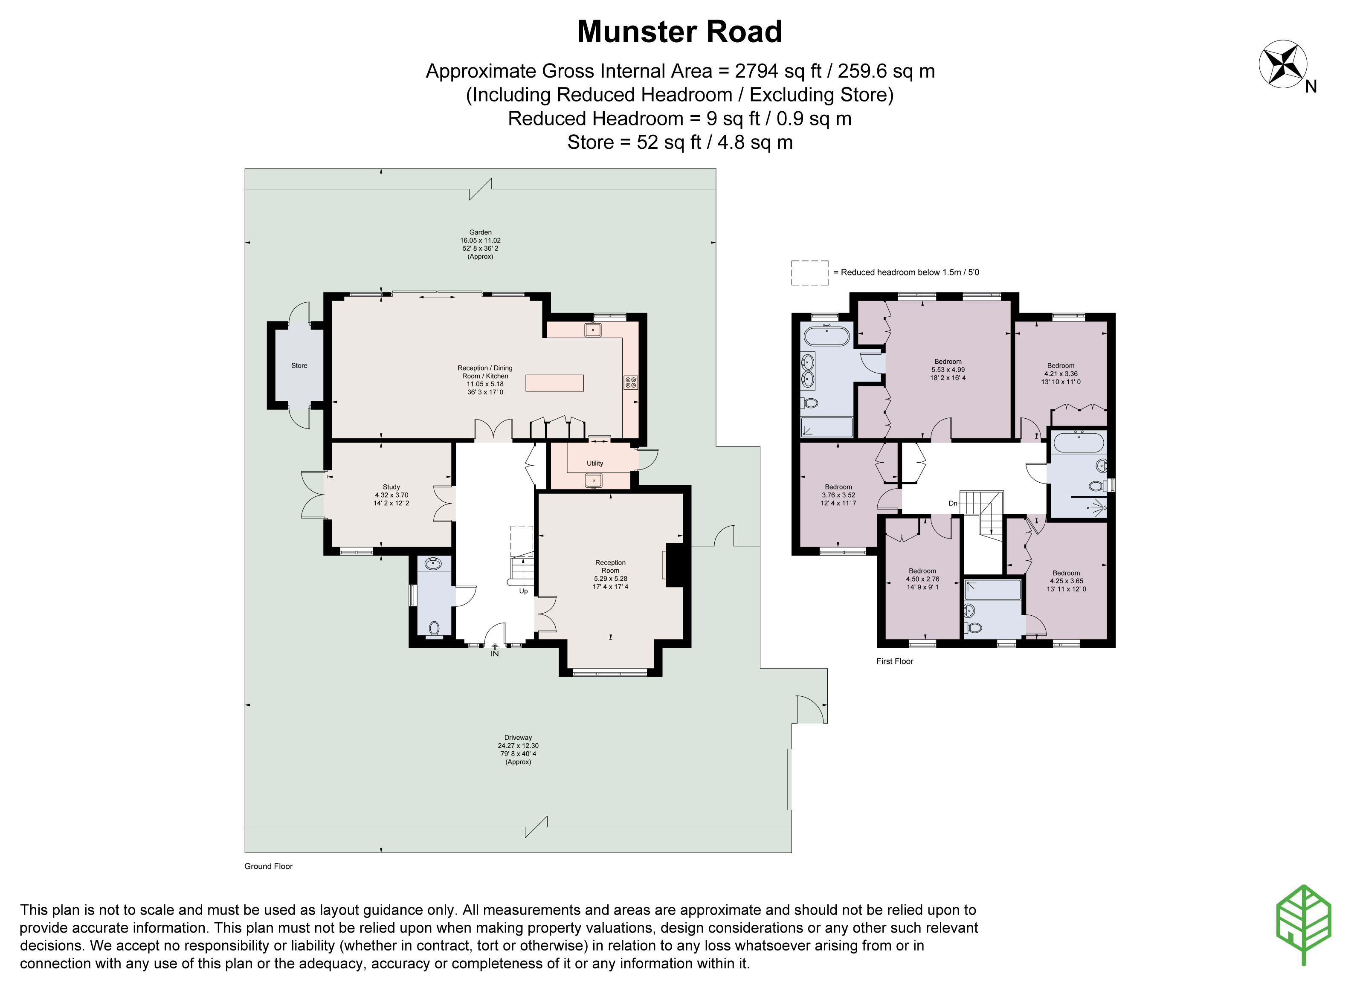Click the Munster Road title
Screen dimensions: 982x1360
coord(679,32)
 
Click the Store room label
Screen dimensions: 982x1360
coord(299,366)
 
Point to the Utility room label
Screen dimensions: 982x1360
coord(595,463)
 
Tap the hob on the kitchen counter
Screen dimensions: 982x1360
coord(630,382)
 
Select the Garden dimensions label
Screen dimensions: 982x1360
coord(480,244)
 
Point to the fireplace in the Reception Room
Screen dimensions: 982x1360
coord(674,565)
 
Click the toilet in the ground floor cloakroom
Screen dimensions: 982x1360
coord(434,628)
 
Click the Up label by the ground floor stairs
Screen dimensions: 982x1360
coord(523,591)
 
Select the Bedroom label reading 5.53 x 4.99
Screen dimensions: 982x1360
coord(948,369)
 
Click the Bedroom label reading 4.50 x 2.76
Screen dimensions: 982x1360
coord(922,579)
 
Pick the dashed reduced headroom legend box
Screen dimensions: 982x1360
coord(809,273)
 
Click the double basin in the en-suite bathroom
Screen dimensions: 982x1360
coord(808,371)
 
